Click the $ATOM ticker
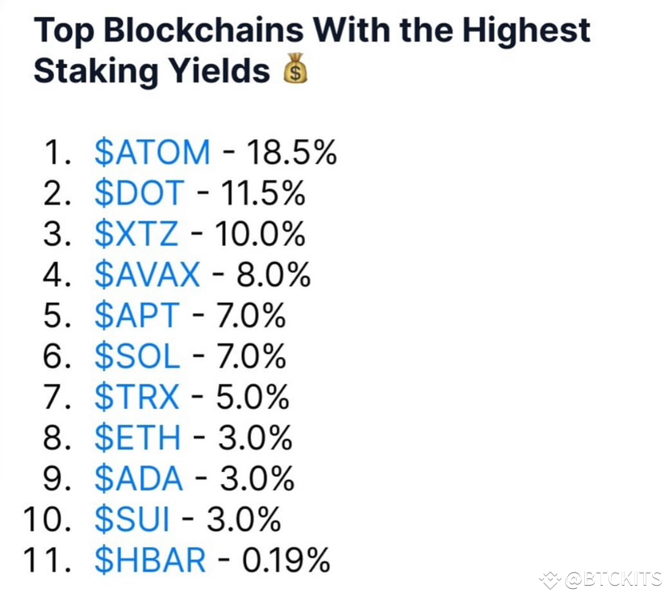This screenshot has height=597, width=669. coord(152,152)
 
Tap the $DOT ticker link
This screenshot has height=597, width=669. coord(139,193)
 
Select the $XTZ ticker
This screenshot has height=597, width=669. coord(136,234)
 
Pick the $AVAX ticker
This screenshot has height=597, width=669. coord(146,275)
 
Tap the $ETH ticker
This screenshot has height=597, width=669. coord(138,439)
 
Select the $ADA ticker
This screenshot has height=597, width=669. coord(139,479)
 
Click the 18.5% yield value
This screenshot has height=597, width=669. coord(291,152)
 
